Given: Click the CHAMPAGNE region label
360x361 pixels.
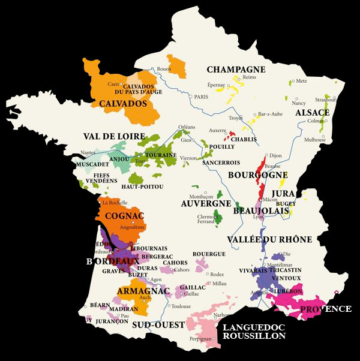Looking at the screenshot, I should click(236, 70).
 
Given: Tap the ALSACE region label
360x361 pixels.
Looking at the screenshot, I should click(312, 113).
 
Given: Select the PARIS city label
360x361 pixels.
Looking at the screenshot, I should click(200, 97).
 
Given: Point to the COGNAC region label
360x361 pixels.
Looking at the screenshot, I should click(124, 216).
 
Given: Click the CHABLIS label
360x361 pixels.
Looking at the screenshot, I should click(244, 139).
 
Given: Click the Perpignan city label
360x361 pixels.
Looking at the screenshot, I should click(199, 339).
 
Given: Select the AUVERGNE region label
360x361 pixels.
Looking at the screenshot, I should click(206, 203).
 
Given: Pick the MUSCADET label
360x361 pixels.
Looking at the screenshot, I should click(93, 163).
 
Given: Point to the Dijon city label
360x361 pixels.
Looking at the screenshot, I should click(275, 155).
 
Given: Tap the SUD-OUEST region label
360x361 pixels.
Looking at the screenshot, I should click(158, 324).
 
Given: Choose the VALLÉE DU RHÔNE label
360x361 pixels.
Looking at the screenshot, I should click(269, 239).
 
